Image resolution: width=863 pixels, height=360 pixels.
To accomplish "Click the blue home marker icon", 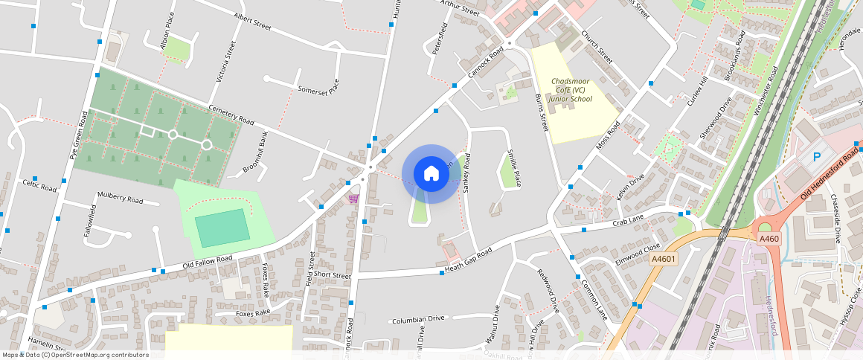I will [x=431, y=174].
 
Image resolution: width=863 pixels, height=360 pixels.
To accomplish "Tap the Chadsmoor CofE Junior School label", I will [x=571, y=89].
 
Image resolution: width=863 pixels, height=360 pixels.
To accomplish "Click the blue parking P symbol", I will [x=816, y=157].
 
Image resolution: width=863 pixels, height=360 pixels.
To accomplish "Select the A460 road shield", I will [x=769, y=239].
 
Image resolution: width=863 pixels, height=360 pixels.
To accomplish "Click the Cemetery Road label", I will [x=231, y=115].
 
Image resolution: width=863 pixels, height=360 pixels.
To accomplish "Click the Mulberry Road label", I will [x=120, y=199].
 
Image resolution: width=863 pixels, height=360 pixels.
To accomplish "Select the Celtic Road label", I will [x=39, y=184].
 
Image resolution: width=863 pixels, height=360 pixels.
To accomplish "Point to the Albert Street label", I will [x=252, y=21].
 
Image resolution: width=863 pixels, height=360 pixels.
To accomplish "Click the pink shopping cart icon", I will [x=353, y=199].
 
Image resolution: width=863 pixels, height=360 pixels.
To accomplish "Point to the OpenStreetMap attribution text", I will [x=74, y=355].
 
